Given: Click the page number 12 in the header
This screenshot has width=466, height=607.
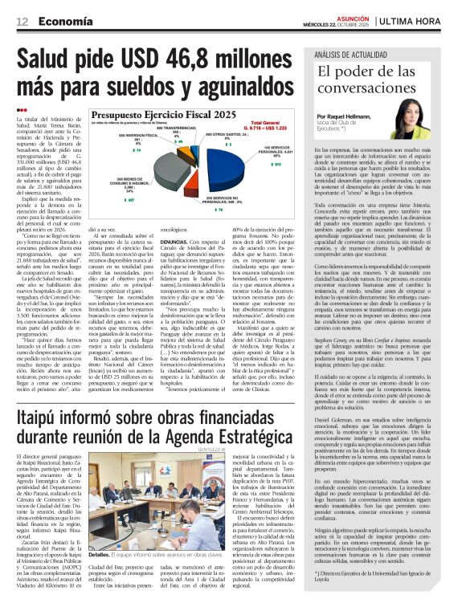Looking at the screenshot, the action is tap(22, 22).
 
